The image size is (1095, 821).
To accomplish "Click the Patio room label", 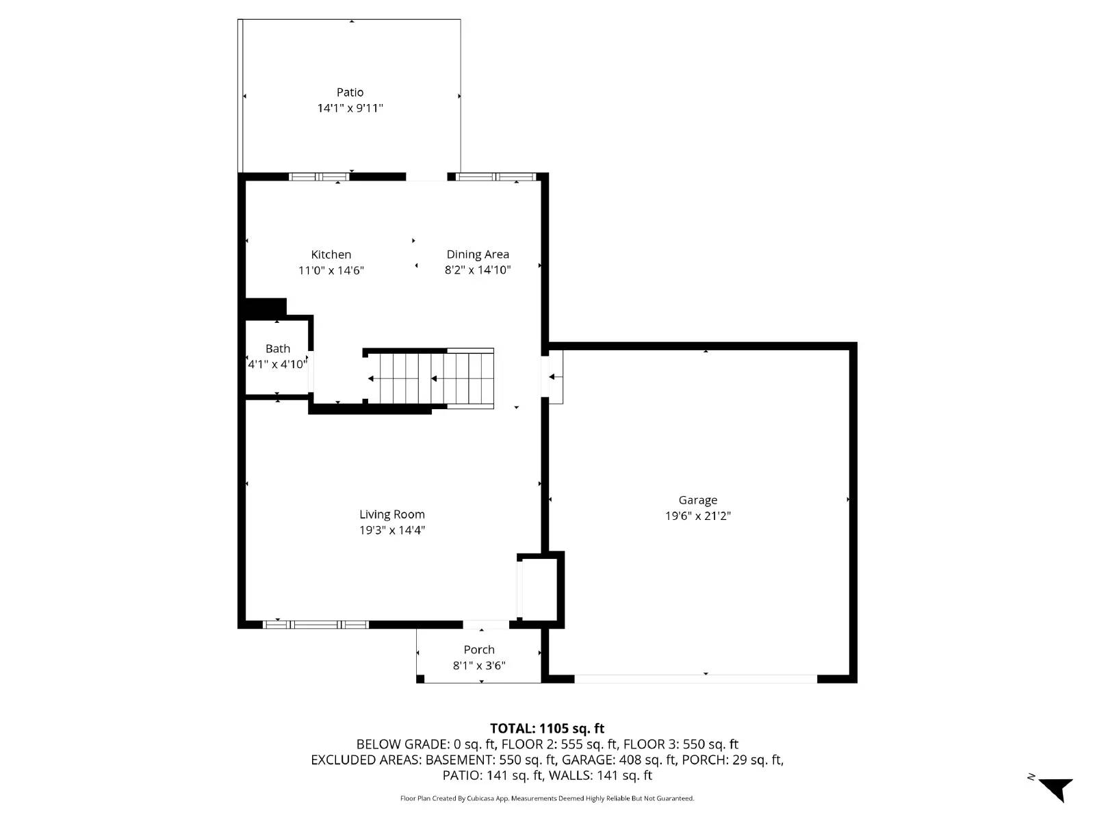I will pyautogui.click(x=350, y=92).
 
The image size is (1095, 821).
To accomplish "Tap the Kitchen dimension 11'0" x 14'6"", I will pyautogui.click(x=331, y=270).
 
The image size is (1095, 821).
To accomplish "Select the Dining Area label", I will pyautogui.click(x=478, y=255).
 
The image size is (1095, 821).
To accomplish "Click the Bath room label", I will pyautogui.click(x=278, y=349).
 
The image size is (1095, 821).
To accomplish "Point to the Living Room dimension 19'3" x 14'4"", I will pyautogui.click(x=392, y=530).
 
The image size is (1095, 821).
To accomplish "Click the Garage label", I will pyautogui.click(x=697, y=500).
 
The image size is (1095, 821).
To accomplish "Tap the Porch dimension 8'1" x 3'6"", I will pyautogui.click(x=479, y=666).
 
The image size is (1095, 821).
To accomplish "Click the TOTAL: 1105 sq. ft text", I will pyautogui.click(x=547, y=729).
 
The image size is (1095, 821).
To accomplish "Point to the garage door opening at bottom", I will pyautogui.click(x=695, y=679).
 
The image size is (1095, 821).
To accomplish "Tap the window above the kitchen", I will pyautogui.click(x=319, y=177).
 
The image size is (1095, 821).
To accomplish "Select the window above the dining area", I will pyautogui.click(x=495, y=177).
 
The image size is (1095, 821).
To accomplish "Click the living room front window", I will pyautogui.click(x=316, y=625).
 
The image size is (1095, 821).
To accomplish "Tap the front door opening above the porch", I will pyautogui.click(x=485, y=625).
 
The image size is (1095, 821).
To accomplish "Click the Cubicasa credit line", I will pyautogui.click(x=547, y=798).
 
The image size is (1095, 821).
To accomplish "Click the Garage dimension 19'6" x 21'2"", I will pyautogui.click(x=697, y=517).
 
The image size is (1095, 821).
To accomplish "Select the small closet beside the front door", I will pyautogui.click(x=541, y=589).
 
